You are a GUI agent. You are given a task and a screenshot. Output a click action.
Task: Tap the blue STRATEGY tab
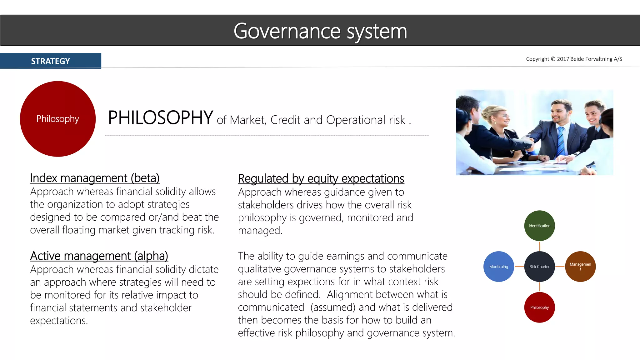[x=50, y=61]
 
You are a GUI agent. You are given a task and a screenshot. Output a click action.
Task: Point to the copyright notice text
[x=574, y=59]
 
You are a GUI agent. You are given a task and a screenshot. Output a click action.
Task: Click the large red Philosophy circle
[x=58, y=119]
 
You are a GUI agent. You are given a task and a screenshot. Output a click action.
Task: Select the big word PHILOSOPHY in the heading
[x=161, y=118]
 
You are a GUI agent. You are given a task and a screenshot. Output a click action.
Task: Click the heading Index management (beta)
[x=95, y=178]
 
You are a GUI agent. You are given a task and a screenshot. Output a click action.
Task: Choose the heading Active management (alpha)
[x=99, y=256]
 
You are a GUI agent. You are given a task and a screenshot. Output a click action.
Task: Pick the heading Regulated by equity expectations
[x=321, y=179]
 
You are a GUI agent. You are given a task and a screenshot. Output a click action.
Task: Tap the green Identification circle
[x=539, y=226]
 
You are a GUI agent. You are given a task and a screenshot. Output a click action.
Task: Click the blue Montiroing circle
[x=498, y=267]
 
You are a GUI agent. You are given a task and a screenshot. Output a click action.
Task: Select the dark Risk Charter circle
[x=539, y=267]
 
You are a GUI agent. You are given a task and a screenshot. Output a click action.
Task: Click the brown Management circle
[x=580, y=267]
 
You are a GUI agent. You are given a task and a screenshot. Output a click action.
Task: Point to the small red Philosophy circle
[x=539, y=307]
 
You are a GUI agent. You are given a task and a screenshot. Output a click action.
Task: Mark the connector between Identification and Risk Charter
[x=540, y=246]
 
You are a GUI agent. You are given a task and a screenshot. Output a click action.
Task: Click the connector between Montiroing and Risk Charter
[x=519, y=267]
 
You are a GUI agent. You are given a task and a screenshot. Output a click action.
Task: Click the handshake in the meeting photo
[x=528, y=142]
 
